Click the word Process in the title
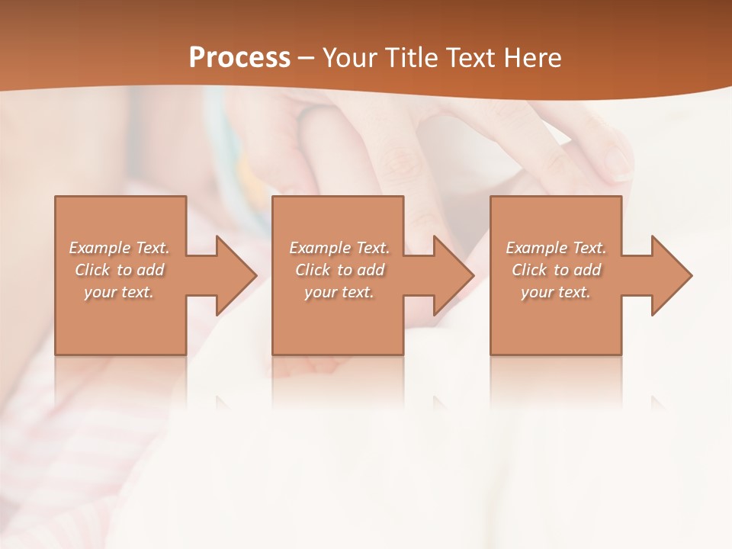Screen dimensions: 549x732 (x=239, y=58)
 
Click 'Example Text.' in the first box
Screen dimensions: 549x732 (x=119, y=248)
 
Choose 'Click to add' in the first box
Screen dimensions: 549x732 (x=119, y=270)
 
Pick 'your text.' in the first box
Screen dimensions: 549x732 (x=119, y=292)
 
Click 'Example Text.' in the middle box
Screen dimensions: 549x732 (x=339, y=248)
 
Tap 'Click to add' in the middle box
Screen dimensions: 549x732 (x=339, y=270)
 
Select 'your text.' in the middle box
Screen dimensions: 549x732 (x=339, y=292)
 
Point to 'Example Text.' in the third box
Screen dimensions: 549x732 (x=556, y=248)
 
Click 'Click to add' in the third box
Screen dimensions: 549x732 (x=556, y=270)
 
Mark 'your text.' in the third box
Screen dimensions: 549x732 (x=556, y=292)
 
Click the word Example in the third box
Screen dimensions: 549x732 (x=537, y=248)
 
